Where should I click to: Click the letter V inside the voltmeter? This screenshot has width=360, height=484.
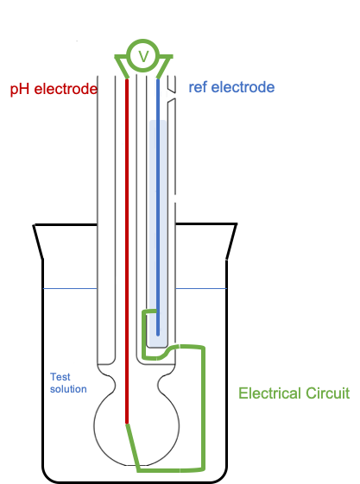(143, 56)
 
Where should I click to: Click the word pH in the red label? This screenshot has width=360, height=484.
(20, 89)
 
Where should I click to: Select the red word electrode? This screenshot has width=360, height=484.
(66, 89)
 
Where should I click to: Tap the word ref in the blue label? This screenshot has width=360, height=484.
(198, 87)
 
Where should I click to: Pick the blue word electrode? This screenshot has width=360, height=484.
(243, 87)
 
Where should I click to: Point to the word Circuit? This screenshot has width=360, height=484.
(327, 393)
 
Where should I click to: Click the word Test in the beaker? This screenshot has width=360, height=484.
(60, 377)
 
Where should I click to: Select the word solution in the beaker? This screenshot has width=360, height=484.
(68, 389)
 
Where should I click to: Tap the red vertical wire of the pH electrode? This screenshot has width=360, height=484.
(127, 251)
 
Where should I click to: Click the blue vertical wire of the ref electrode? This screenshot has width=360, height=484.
(158, 207)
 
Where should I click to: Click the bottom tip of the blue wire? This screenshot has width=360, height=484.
(158, 335)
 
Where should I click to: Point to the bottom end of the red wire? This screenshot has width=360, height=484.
(127, 424)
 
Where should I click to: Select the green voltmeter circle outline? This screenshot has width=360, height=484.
(143, 41)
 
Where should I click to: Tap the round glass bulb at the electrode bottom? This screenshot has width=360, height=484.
(94, 426)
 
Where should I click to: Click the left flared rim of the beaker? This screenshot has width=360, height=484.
(38, 242)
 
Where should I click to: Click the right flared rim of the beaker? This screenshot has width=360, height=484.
(232, 242)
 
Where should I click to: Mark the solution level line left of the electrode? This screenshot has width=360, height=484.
(70, 289)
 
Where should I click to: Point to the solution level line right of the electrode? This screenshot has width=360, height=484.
(201, 289)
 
